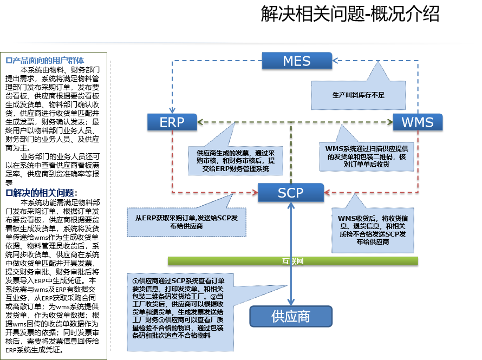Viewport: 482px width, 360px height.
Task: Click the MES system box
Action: (x=296, y=61)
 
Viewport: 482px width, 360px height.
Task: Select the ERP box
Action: (x=172, y=122)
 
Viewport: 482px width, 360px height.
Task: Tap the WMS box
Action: (x=417, y=122)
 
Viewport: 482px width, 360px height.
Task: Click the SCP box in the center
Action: (x=290, y=192)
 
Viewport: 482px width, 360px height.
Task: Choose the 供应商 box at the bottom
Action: (x=290, y=316)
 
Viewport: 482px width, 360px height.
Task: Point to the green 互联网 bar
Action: (x=292, y=261)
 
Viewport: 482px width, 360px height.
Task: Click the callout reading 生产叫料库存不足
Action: (x=358, y=95)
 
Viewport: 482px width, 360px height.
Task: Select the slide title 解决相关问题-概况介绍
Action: (x=350, y=15)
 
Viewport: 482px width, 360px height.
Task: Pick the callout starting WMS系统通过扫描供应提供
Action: (x=367, y=156)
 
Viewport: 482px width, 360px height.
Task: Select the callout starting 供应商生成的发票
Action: (x=235, y=161)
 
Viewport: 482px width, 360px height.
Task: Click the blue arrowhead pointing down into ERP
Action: (x=172, y=110)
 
